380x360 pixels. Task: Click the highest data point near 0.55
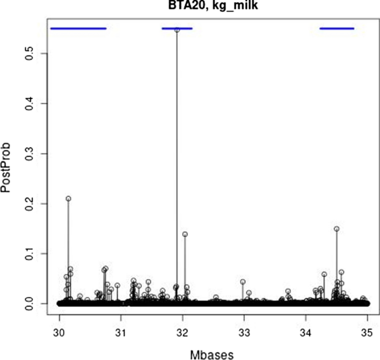click(177, 30)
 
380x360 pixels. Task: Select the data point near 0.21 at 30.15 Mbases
click(68, 198)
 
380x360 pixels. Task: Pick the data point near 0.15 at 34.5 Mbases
click(336, 229)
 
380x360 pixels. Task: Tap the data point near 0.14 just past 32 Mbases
click(185, 234)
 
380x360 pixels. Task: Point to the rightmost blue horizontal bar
click(337, 28)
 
